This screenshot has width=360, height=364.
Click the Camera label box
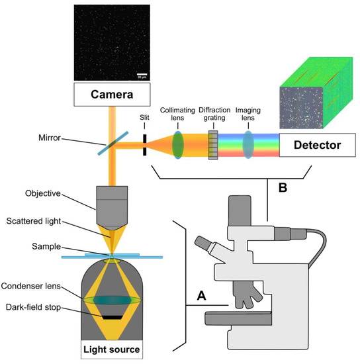pyautogui.click(x=113, y=95)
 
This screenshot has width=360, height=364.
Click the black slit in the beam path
pyautogui.click(x=144, y=144)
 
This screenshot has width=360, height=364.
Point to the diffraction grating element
pyautogui.click(x=213, y=144)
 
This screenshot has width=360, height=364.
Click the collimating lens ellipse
pyautogui.click(x=178, y=144)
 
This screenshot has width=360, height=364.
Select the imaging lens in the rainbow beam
pyautogui.click(x=248, y=144)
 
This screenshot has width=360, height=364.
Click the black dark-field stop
pyautogui.click(x=112, y=316)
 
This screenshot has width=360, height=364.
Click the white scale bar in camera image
pyautogui.click(x=141, y=74)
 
